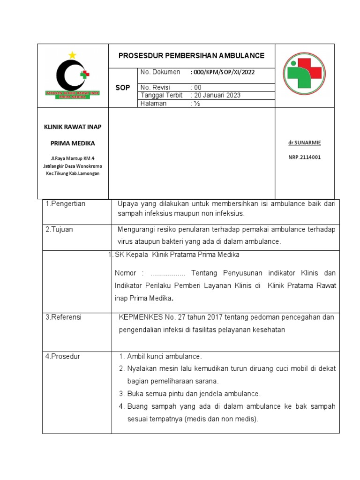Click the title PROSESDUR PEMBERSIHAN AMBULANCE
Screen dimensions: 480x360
(191, 56)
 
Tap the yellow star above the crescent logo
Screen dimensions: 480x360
(72, 55)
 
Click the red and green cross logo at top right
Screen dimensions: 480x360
(305, 74)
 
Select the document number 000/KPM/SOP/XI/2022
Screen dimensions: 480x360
(223, 72)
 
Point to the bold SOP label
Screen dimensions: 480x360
(123, 88)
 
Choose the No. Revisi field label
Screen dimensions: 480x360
(155, 87)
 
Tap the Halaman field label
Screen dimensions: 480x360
(153, 104)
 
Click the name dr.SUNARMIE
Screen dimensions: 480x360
(304, 142)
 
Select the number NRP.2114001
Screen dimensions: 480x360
(304, 157)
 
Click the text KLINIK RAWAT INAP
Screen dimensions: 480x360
(73, 127)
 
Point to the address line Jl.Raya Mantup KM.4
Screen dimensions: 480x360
(73, 158)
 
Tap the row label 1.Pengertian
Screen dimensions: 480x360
(66, 204)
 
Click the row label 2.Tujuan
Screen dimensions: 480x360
(59, 230)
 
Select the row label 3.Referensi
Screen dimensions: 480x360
(63, 317)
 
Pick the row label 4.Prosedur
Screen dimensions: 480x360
(62, 356)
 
